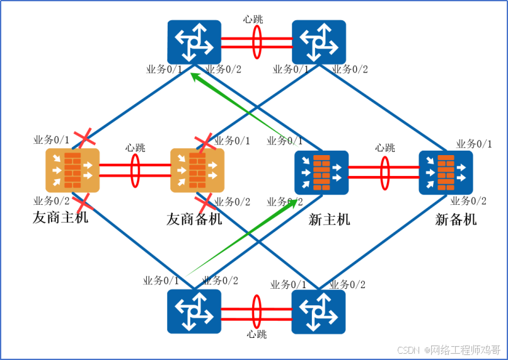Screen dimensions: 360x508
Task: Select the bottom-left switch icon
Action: coord(194,311)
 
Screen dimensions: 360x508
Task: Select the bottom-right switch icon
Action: coord(318,311)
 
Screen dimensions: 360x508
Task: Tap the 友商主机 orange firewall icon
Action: coord(72,170)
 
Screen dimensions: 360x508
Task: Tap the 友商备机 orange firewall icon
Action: coord(197,170)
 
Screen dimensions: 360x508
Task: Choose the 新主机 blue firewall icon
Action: coord(321,171)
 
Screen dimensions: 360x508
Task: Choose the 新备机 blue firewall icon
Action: coord(446,171)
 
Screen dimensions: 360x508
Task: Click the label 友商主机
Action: coord(61,219)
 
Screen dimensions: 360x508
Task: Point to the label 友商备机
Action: coord(194,219)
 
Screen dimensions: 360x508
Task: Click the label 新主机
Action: coord(329,219)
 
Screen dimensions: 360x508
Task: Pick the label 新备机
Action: coord(456,219)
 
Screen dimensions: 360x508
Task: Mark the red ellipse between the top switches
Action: coord(257,42)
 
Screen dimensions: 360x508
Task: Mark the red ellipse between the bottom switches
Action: coord(257,311)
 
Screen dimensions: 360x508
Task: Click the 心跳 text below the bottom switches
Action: coord(257,334)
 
